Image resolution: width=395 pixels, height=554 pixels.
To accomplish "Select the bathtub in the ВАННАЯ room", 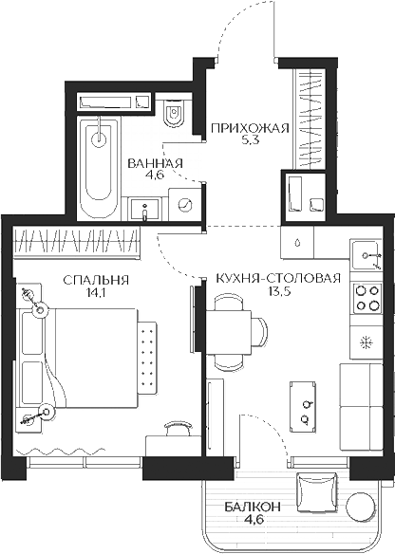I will (97, 166).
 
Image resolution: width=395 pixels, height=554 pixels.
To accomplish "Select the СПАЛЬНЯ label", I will (95, 280).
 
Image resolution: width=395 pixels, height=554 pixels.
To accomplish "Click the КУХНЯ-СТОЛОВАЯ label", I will (277, 279).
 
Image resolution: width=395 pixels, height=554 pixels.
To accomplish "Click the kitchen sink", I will (365, 254).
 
